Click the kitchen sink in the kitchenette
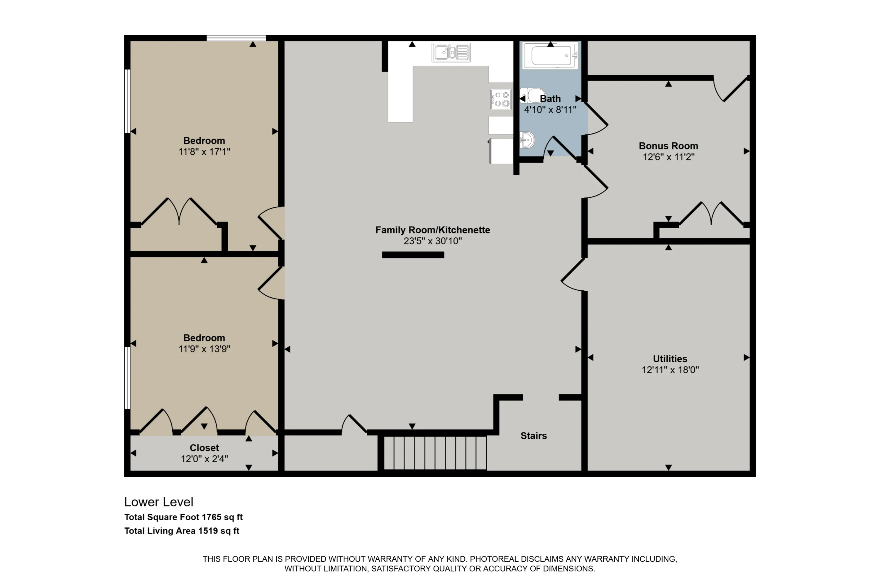451,53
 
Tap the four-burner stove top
501,99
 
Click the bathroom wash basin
527,140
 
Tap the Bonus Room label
668,146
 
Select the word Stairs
534,436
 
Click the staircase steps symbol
435,453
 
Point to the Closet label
204,448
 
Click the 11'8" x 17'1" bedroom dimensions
204,152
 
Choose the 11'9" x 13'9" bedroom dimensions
204,349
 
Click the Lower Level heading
159,502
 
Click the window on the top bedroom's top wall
236,38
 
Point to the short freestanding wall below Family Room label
413,255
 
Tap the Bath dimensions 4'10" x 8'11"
550,110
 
